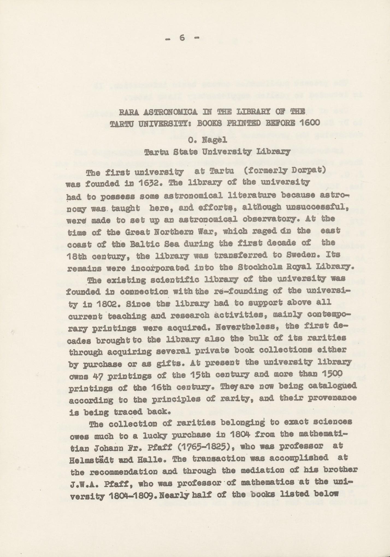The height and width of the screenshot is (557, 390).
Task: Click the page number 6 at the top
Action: click(x=182, y=38)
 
